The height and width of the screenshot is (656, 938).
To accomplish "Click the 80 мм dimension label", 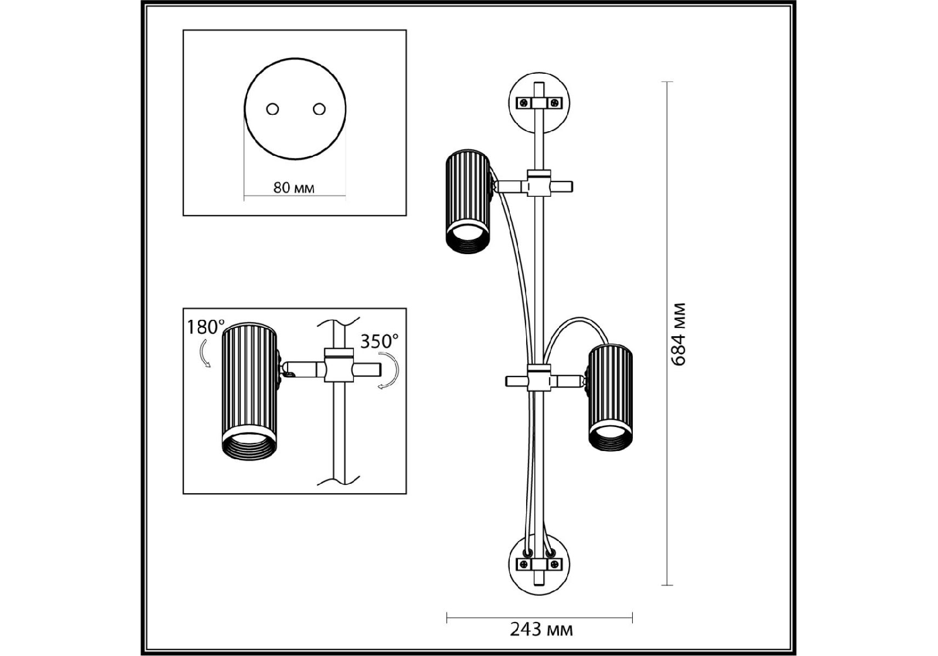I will pos(294,188).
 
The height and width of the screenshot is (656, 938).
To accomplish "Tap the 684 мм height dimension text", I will pos(678,334).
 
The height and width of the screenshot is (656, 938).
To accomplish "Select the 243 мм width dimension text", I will pos(541,630).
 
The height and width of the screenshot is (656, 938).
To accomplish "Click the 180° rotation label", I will pos(205,327).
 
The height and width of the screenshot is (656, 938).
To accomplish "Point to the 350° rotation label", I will pos(378,341).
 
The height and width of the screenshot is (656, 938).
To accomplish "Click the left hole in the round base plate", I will pos(272,109).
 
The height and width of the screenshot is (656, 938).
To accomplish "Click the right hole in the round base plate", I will pos(319,109).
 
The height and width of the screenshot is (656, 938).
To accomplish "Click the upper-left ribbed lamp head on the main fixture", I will pos(468,201).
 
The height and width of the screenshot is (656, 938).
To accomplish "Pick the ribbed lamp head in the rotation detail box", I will pos(249,391).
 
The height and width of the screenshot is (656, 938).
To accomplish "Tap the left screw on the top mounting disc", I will pos(524,102).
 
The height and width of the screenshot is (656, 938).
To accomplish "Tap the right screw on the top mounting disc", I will pos(555,102).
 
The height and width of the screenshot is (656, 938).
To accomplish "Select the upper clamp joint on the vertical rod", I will pos(539,183).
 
